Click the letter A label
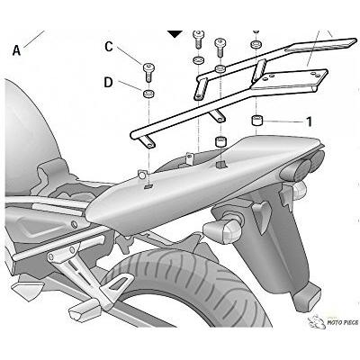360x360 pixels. point(16,50)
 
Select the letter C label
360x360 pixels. point(109,47)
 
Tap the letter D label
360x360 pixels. point(108,82)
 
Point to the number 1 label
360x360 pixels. point(309,121)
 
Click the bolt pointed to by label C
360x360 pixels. point(148,71)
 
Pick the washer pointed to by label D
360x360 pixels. point(148,94)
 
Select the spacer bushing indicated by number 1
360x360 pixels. point(256,121)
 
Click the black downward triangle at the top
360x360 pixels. point(175,33)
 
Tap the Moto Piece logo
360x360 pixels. point(333,322)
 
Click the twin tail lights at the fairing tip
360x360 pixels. point(303,165)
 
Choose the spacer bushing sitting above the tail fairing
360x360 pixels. point(220,141)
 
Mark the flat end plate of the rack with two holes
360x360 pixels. point(290,79)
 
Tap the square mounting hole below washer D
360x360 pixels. point(148,186)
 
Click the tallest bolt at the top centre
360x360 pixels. point(199,39)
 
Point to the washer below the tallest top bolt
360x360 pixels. point(199,59)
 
